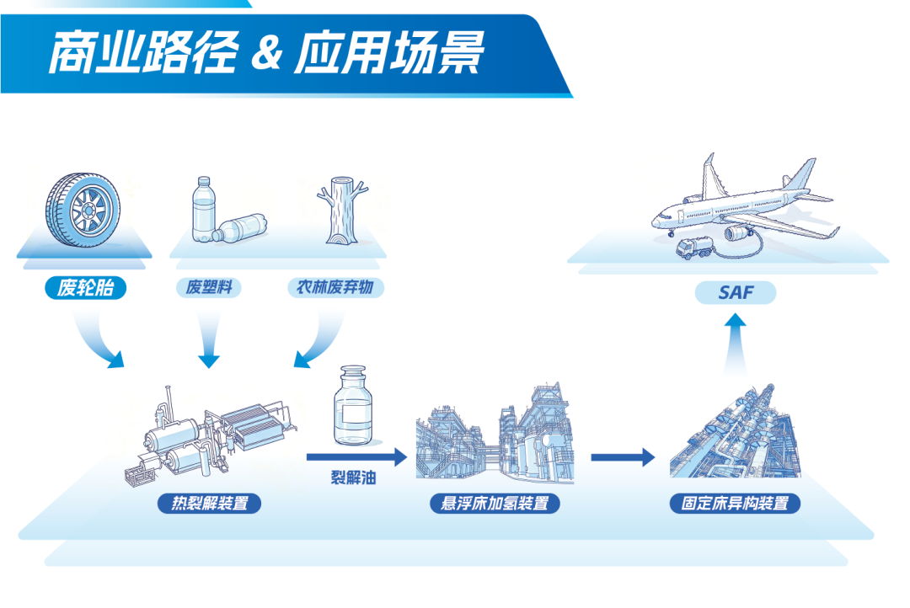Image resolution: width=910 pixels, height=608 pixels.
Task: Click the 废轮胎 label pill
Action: point(85,288)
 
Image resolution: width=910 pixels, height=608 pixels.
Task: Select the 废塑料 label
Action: point(208,287)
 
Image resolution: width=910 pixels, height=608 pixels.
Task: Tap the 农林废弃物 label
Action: point(335,287)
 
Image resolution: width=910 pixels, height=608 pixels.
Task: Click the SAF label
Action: point(736,292)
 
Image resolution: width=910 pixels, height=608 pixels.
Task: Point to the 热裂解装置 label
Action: point(209,503)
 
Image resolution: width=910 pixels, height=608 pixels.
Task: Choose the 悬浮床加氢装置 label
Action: point(495,503)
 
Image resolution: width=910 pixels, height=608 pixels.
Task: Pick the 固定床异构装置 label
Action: point(735,503)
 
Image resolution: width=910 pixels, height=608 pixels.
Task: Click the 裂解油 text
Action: point(353,477)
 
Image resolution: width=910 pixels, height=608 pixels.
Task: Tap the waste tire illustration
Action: point(83,210)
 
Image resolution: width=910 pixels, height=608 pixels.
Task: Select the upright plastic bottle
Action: point(203,210)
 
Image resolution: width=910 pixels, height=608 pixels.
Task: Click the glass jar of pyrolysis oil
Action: point(353,406)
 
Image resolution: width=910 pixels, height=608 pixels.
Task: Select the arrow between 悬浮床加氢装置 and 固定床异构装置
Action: point(623,457)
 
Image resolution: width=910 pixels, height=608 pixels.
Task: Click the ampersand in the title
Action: point(266,53)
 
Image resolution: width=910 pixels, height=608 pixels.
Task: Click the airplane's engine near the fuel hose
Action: point(738,233)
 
